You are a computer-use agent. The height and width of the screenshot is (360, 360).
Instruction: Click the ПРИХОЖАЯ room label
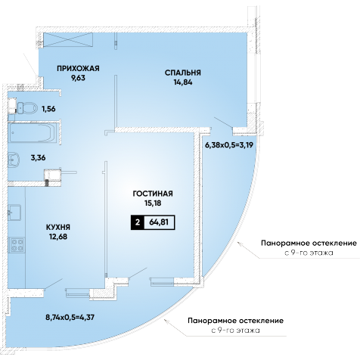78,68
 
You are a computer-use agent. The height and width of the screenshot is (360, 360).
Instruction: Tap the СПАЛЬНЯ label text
183,73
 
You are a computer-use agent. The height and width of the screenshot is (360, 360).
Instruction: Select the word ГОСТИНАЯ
153,194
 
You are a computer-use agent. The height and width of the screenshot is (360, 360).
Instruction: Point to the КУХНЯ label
58,227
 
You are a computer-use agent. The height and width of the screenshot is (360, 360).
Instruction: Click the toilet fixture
27,108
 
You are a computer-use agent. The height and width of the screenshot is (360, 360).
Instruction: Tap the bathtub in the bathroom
33,133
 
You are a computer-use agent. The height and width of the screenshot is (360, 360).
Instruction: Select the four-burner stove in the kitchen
17,245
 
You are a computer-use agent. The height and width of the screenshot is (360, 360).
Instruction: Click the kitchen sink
14,213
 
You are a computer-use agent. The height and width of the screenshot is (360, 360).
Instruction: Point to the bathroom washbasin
14,160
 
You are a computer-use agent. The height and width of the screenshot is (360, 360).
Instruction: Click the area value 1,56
48,109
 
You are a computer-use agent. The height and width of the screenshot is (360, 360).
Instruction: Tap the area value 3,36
38,158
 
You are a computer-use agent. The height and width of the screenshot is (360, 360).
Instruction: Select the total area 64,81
159,222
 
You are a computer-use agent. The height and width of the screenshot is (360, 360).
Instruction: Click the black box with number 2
138,222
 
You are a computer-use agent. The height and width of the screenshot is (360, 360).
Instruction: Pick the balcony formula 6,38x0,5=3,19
229,145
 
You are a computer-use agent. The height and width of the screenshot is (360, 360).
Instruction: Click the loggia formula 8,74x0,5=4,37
70,317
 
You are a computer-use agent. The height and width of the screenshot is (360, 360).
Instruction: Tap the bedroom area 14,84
183,82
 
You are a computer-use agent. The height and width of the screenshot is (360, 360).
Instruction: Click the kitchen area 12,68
58,237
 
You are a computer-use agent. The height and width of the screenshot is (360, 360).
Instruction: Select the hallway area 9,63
78,78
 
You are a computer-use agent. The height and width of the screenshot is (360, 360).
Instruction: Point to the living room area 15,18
153,203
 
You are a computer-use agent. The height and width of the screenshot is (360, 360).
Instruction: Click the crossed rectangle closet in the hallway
68,39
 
